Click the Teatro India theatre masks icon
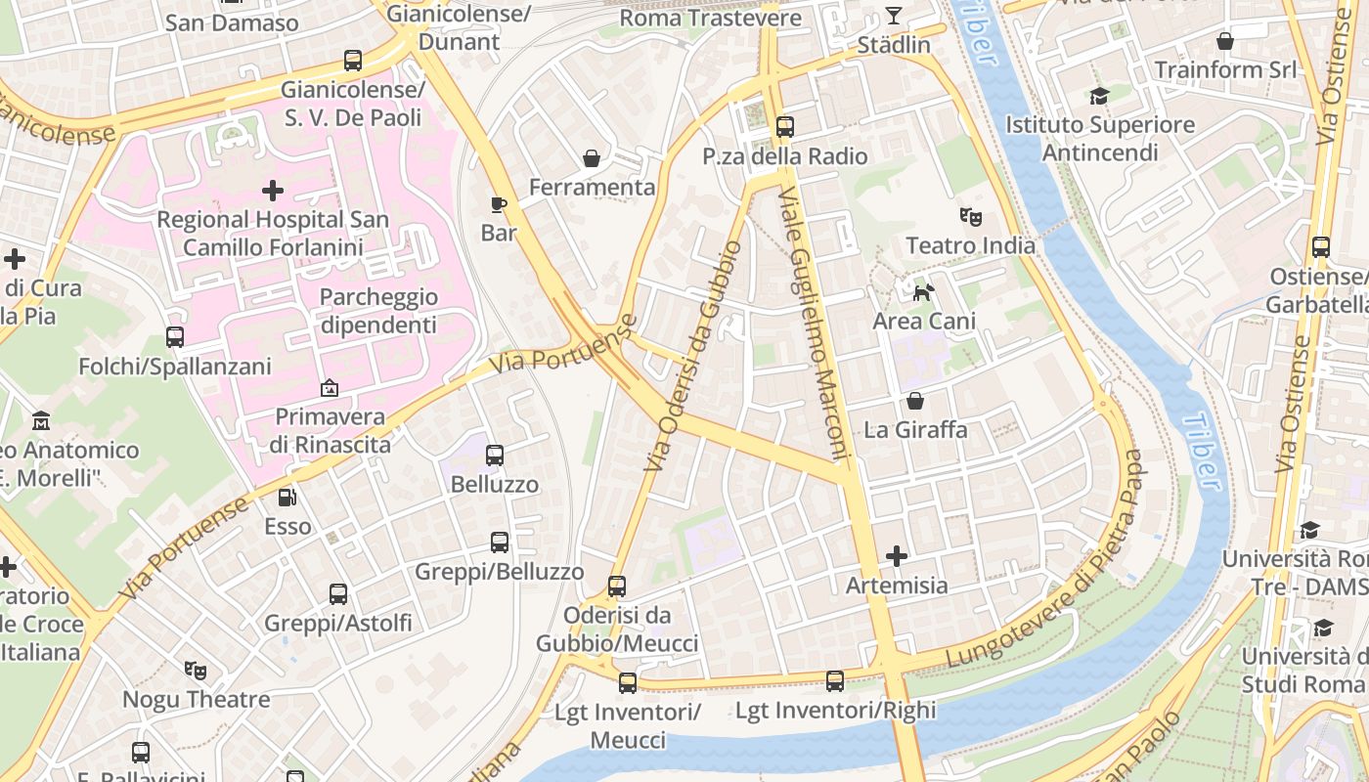pyautogui.click(x=970, y=216)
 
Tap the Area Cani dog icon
pyautogui.click(x=923, y=292)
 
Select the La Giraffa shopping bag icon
pyautogui.click(x=915, y=401)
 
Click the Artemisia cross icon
pyautogui.click(x=896, y=556)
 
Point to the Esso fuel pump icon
pyautogui.click(x=287, y=498)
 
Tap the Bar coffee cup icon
pyautogui.click(x=499, y=204)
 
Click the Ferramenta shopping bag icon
pyautogui.click(x=592, y=157)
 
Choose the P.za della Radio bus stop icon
pyautogui.click(x=784, y=127)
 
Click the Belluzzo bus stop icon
pyautogui.click(x=495, y=456)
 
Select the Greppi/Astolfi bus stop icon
pyautogui.click(x=338, y=594)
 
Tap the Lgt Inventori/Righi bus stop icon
pyautogui.click(x=835, y=681)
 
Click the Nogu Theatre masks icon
pyautogui.click(x=196, y=671)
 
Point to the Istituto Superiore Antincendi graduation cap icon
pyautogui.click(x=1100, y=96)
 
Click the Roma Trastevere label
pyautogui.click(x=711, y=18)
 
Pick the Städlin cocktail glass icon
pyautogui.click(x=894, y=15)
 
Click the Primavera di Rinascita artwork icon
pyautogui.click(x=330, y=388)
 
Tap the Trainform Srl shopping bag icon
pyautogui.click(x=1224, y=41)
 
